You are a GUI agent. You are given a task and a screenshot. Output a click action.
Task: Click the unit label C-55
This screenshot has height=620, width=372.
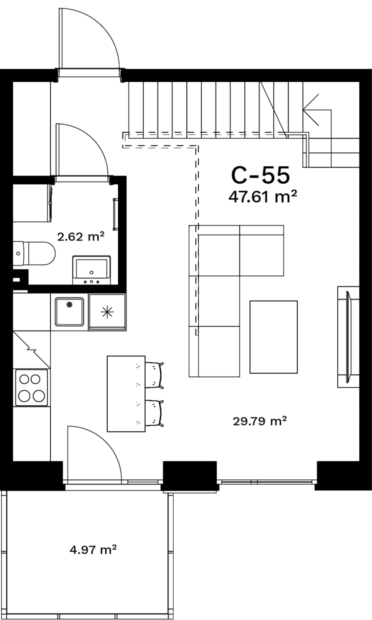(261, 175)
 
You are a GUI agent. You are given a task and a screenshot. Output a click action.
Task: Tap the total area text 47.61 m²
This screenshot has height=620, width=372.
(263, 197)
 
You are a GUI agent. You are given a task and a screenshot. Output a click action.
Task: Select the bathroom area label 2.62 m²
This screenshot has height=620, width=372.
(81, 237)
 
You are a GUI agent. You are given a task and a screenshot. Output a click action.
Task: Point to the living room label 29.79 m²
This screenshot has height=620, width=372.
(260, 421)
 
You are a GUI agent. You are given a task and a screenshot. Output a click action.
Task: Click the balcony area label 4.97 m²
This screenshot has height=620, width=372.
(93, 549)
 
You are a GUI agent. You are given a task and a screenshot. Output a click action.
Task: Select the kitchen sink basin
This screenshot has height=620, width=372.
(69, 312)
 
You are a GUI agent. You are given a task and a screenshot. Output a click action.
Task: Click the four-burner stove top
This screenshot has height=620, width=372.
(31, 388)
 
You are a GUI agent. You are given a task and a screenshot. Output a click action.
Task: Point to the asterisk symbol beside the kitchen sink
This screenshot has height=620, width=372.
(107, 312)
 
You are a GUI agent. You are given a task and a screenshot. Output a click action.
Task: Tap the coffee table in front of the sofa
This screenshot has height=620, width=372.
(274, 337)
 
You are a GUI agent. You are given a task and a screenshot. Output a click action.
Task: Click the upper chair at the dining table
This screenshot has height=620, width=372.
(154, 375)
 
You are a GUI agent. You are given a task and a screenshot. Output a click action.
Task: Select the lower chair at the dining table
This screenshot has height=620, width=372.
(154, 413)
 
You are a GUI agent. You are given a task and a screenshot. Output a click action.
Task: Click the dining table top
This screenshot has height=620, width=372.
(126, 394)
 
